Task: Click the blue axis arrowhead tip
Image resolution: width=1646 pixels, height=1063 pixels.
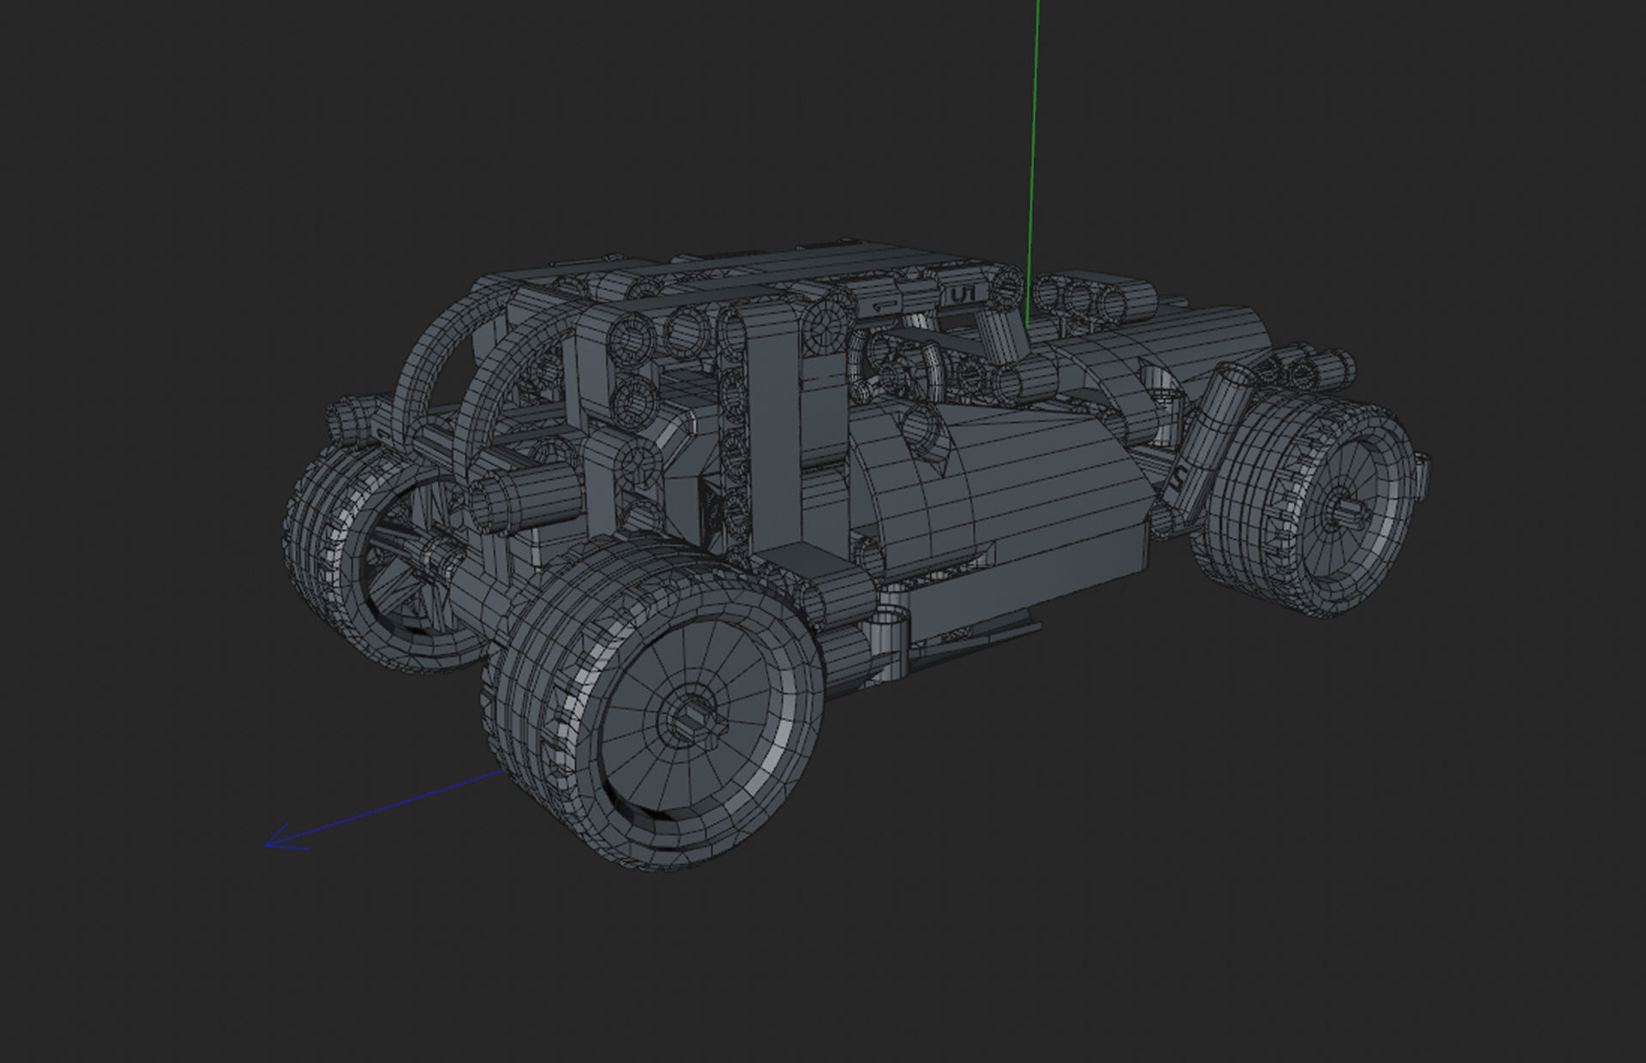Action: pos(267,845)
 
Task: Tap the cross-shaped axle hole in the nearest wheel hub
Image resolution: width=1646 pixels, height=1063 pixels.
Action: pos(691,717)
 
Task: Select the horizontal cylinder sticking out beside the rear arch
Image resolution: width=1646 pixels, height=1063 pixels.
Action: pos(502,497)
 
